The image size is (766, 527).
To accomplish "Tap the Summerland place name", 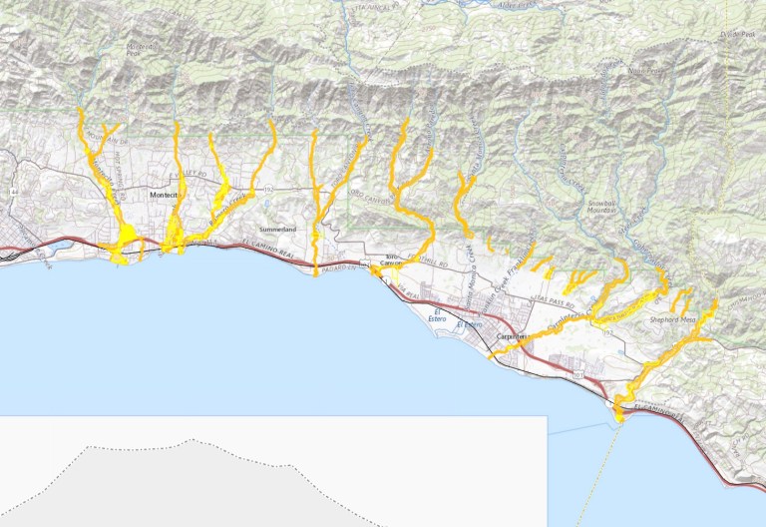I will pos(278,229).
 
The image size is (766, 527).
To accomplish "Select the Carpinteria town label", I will pos(513,339).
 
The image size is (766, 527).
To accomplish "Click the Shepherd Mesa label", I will pos(671,319).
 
